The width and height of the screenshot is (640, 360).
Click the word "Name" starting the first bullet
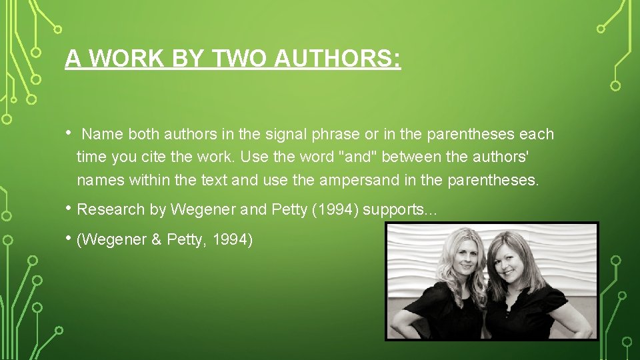tap(103, 135)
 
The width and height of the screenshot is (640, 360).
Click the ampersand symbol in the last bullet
tap(156, 240)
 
